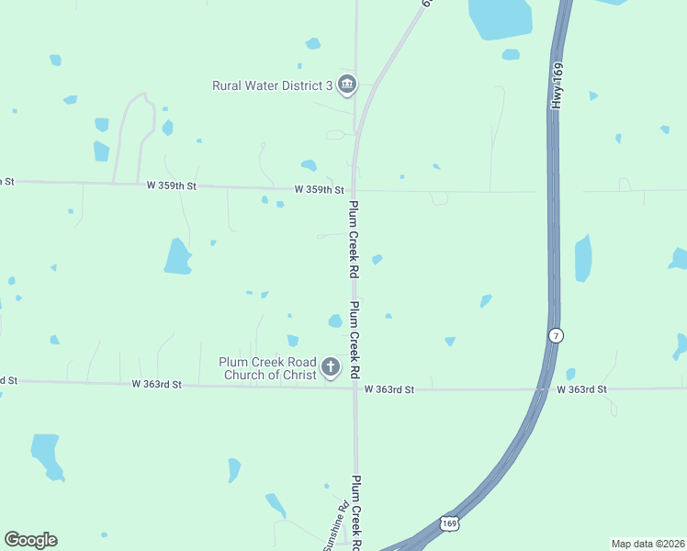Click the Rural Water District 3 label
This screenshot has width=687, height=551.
273,86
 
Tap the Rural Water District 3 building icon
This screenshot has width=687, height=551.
347,85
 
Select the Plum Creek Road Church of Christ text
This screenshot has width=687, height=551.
266,368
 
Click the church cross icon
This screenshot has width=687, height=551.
331,369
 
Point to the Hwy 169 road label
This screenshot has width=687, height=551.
557,87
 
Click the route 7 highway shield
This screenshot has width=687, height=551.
555,335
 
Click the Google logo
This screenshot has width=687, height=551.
30,540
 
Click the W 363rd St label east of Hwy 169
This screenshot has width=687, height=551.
581,389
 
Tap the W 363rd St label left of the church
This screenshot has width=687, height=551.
157,384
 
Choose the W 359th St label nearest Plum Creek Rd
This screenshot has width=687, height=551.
319,189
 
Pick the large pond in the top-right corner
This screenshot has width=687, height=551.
501,17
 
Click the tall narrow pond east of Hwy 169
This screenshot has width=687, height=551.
582,258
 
